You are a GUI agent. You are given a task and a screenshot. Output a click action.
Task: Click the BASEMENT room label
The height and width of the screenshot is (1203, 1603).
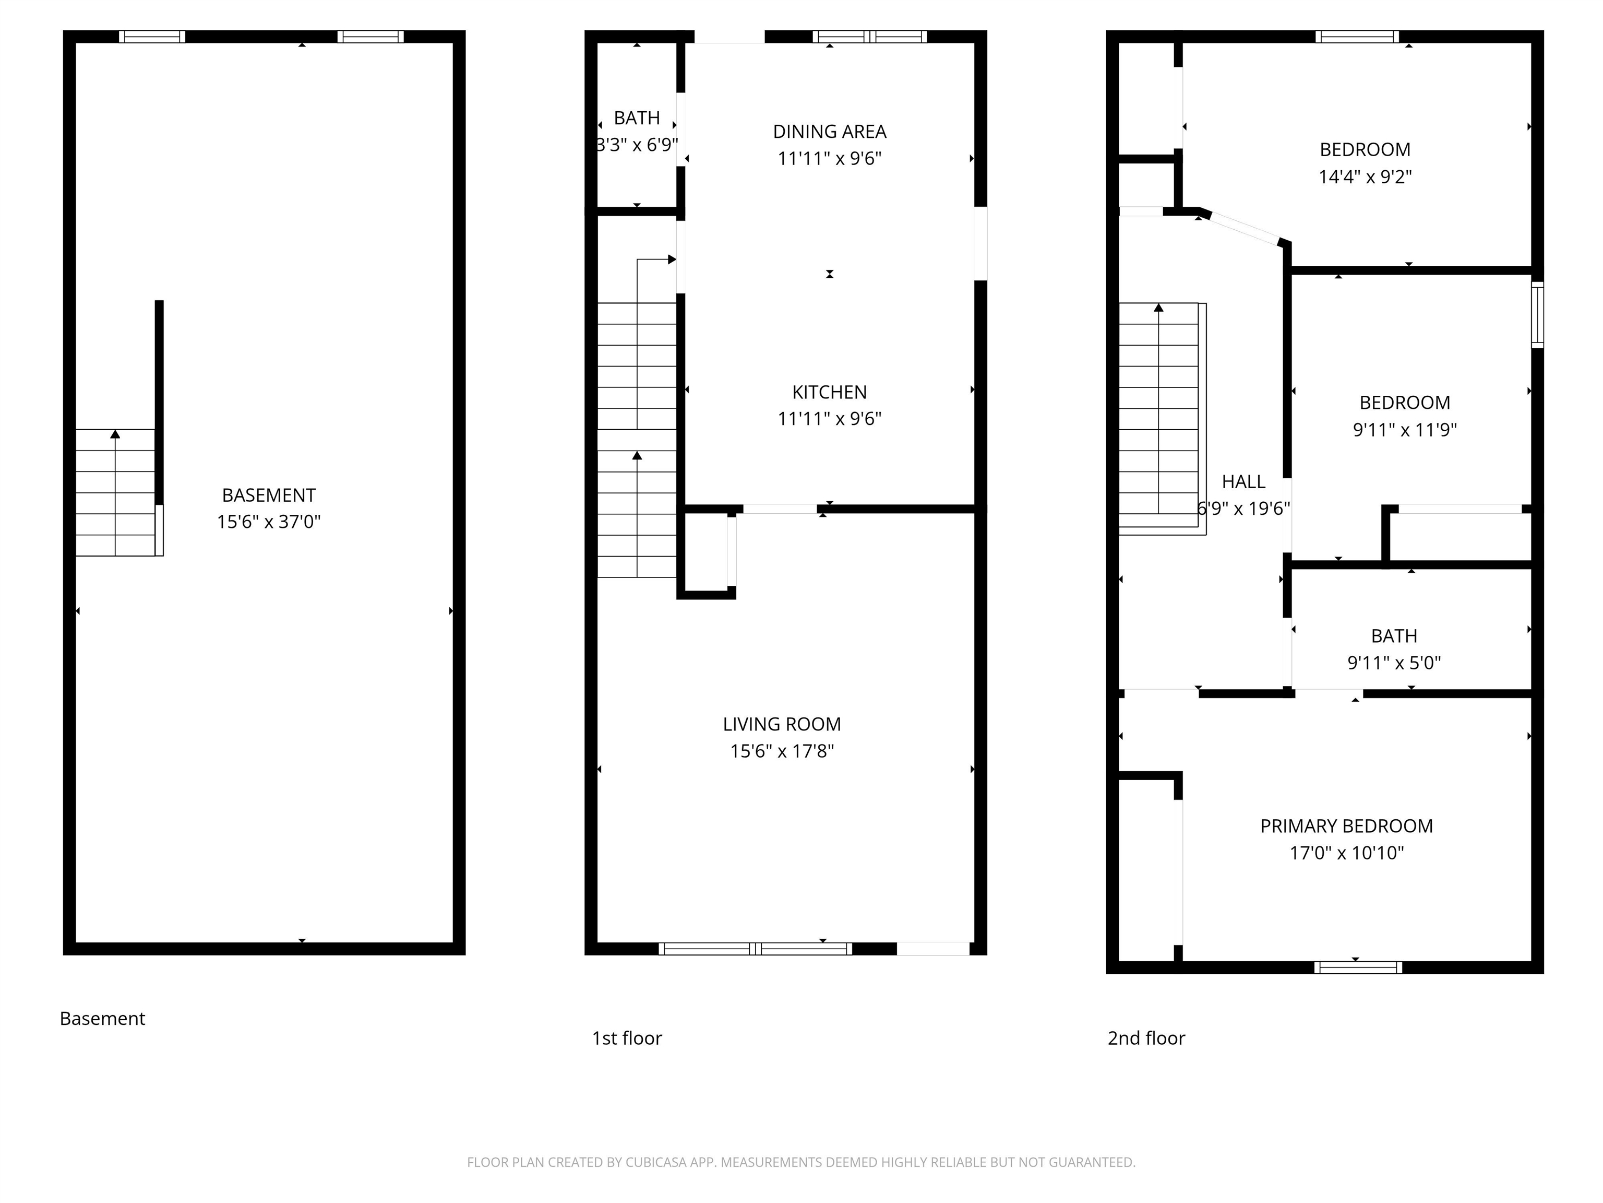click(268, 496)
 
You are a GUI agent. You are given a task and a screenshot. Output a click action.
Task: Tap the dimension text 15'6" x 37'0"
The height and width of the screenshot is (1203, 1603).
click(268, 522)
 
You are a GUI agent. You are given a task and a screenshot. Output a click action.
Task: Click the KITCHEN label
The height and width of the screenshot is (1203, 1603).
click(829, 392)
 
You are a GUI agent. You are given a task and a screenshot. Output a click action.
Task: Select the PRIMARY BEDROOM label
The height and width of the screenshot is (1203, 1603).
click(1346, 826)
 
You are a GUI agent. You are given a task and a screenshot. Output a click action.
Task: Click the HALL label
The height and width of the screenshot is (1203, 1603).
click(1243, 481)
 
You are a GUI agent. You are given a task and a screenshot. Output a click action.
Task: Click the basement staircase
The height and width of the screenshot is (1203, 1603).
click(116, 493)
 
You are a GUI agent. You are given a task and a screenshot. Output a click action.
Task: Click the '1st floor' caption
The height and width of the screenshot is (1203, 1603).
click(626, 1039)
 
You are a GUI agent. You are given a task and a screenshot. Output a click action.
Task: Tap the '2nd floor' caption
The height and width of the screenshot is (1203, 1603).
click(1146, 1039)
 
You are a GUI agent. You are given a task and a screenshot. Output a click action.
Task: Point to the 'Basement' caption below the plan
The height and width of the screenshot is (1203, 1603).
click(102, 1019)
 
